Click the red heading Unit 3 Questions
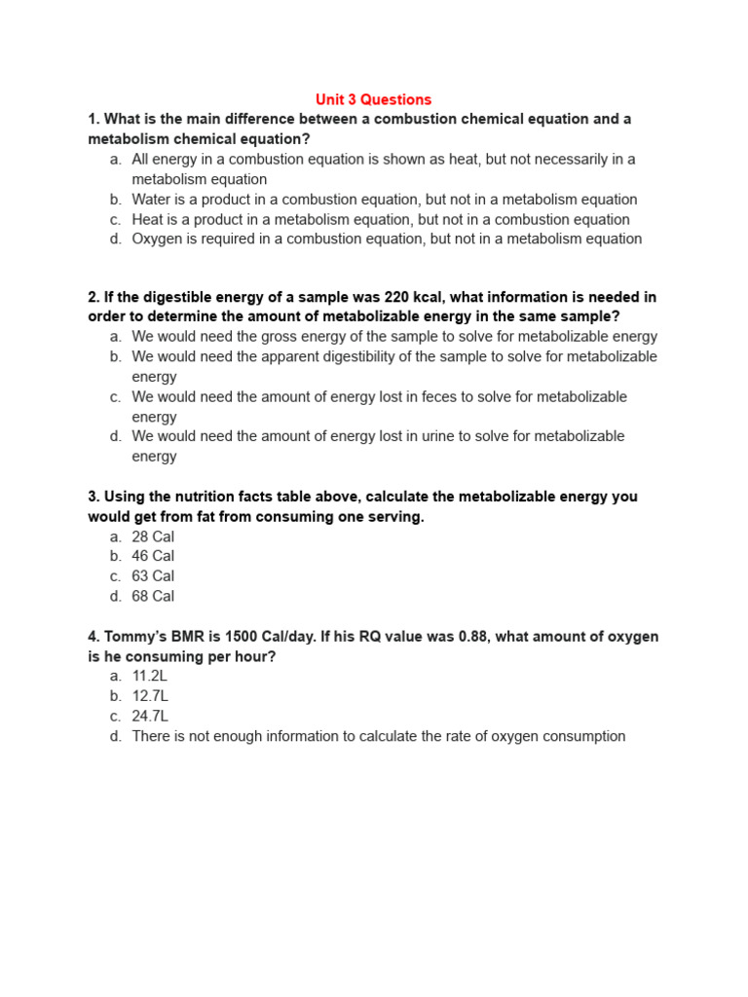[373, 99]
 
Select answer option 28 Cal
[153, 536]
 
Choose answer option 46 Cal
[153, 556]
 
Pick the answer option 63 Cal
[153, 576]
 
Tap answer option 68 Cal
[153, 596]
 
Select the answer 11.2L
[150, 676]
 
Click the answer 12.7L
[150, 696]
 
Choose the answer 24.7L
[150, 716]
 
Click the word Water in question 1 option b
[152, 200]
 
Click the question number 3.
[93, 497]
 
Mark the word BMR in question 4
[187, 637]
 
